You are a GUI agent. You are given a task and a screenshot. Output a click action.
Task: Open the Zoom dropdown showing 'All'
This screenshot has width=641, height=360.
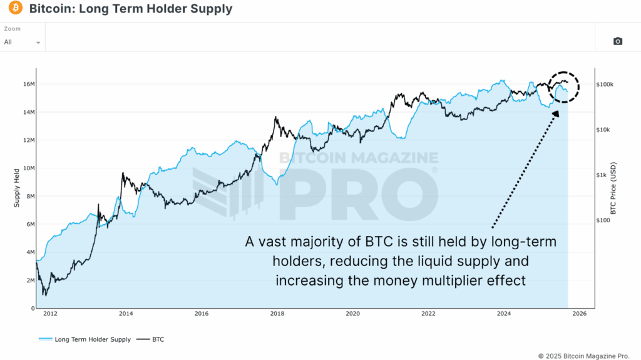(23, 42)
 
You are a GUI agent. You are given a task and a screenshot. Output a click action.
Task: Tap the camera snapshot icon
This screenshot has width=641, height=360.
(618, 41)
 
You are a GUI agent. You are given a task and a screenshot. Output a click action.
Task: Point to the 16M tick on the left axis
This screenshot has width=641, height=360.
(27, 84)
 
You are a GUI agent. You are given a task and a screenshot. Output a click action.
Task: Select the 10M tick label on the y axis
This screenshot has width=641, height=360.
(27, 168)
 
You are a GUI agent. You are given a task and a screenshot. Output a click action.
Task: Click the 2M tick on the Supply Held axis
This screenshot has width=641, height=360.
(28, 280)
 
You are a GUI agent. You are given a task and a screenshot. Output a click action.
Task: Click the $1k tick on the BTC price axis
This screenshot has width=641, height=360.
(603, 175)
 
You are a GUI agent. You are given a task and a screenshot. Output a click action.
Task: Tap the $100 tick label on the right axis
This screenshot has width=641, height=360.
(604, 220)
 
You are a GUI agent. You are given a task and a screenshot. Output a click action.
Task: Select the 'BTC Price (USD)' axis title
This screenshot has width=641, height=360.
(613, 188)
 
